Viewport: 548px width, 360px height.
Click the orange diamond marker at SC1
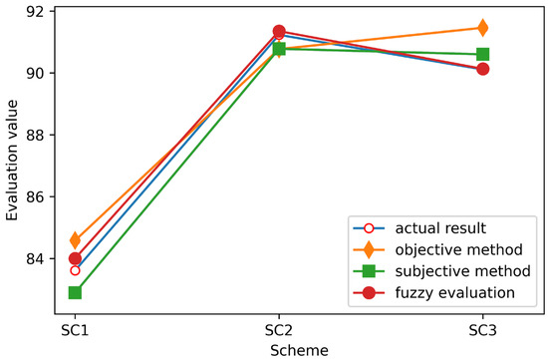75,240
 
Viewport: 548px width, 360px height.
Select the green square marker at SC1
75,292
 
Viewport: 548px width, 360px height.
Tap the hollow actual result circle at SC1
75,270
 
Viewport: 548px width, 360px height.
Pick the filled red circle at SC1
75,258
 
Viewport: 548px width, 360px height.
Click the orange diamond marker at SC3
482,28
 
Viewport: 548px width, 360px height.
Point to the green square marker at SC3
482,54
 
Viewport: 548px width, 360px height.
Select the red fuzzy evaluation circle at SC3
482,69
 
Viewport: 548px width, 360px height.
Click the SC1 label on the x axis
75,327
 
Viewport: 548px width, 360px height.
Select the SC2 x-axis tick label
279,327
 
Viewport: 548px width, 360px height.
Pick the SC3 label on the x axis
482,327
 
